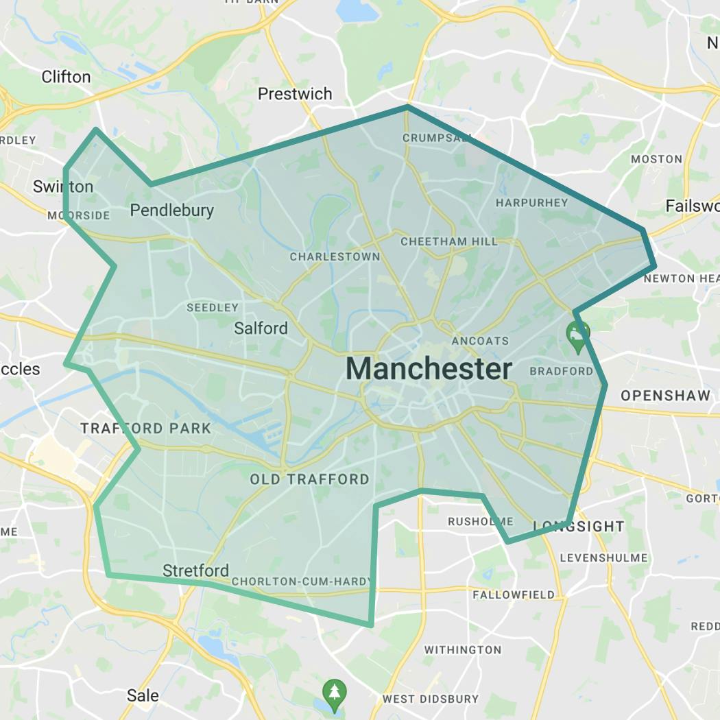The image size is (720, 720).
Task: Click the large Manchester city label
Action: [429, 369]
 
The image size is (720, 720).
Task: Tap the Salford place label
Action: [261, 328]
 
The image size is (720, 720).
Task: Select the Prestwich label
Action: [295, 94]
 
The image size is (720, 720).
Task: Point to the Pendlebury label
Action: [171, 211]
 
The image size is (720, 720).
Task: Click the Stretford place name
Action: [195, 571]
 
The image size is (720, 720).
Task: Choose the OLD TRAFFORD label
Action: [309, 479]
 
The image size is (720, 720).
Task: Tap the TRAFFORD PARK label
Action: [145, 429]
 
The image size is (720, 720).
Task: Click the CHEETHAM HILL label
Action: [449, 241]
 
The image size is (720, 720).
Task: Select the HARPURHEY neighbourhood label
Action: [532, 202]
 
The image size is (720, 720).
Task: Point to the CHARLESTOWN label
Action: [335, 256]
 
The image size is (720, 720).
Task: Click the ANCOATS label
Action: [480, 341]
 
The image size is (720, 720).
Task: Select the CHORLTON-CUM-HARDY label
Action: [302, 581]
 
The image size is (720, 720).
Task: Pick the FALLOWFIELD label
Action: [514, 595]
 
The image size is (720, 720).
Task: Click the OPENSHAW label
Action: [665, 396]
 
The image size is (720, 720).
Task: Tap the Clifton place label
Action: [66, 77]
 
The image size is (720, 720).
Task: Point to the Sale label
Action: [143, 695]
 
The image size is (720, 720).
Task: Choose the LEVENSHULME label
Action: [603, 557]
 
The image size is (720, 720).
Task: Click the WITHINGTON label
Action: [462, 649]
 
